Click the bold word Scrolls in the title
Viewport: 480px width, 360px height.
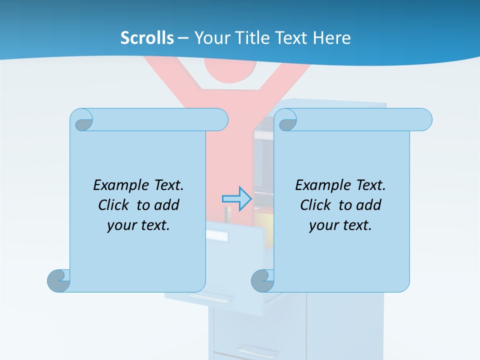pyautogui.click(x=147, y=38)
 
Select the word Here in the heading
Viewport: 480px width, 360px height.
pyautogui.click(x=332, y=38)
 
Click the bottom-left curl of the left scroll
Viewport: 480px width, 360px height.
pyautogui.click(x=58, y=280)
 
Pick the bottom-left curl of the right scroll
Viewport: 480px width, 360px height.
pyautogui.click(x=262, y=280)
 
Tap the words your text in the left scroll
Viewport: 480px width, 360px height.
pyautogui.click(x=138, y=225)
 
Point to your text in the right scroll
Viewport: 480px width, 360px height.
pyautogui.click(x=340, y=225)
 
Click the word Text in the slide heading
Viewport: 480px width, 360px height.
pyautogui.click(x=291, y=38)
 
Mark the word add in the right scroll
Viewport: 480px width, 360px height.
pyautogui.click(x=369, y=205)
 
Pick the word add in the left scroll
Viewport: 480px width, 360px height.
pyautogui.click(x=167, y=205)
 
